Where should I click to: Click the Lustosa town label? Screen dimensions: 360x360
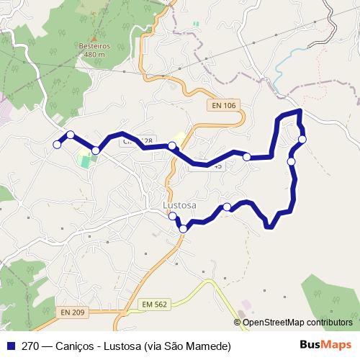(180, 204)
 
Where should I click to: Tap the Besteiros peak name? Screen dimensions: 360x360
(94, 46)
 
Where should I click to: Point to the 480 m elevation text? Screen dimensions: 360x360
(94, 54)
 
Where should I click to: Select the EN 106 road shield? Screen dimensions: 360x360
(224, 106)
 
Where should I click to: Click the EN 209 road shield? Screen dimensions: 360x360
(72, 312)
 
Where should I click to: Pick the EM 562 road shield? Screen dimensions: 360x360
(155, 305)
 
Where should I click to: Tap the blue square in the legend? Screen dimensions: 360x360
(9, 346)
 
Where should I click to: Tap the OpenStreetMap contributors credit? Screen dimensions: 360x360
(297, 323)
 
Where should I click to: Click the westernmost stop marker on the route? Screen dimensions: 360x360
(58, 145)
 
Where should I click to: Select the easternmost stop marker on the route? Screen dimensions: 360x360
(302, 139)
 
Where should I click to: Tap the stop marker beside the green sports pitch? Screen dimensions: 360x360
(96, 150)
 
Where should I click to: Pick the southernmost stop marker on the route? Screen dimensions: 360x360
(183, 228)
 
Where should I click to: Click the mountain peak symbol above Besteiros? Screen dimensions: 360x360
(94, 37)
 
